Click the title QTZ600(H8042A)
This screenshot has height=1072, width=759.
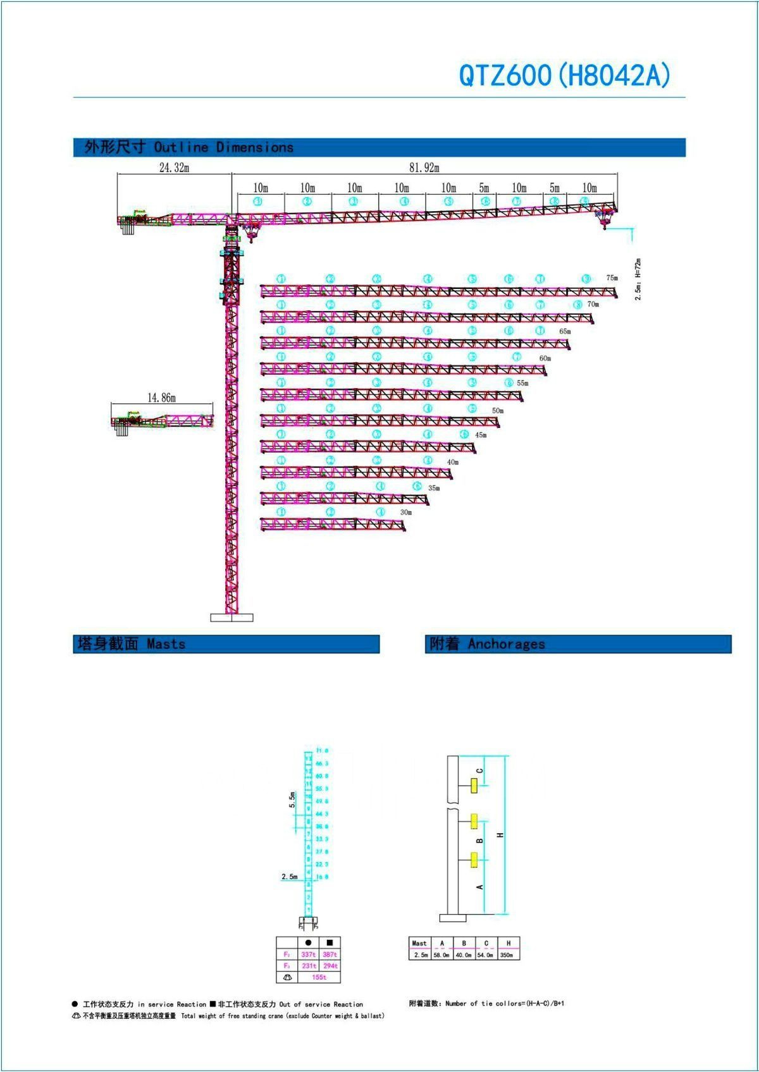coord(564,75)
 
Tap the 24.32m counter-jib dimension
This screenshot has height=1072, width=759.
coord(174,167)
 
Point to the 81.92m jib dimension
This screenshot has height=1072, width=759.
coord(424,167)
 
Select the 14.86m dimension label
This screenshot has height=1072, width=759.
coord(161,398)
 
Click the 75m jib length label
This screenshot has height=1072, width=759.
coord(612,277)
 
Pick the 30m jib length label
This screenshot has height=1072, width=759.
coord(405,512)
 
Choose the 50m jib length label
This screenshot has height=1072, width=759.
coord(498,411)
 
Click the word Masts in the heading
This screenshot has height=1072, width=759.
coord(166,644)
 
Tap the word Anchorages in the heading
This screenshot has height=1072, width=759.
coord(506,644)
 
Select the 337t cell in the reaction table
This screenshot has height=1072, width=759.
coord(308,954)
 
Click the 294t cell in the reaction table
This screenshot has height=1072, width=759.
coord(330,966)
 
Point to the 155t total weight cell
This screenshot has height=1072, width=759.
coord(319,977)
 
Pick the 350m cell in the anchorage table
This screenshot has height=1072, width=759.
coord(509,955)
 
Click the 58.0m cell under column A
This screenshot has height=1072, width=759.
coord(441,955)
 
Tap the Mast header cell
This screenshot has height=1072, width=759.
coord(419,943)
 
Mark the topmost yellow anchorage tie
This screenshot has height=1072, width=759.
coord(473,786)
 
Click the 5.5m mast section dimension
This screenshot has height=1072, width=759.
coord(292,800)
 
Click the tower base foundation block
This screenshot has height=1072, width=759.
coord(231,618)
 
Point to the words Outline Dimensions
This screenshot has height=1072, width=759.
coord(224,147)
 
